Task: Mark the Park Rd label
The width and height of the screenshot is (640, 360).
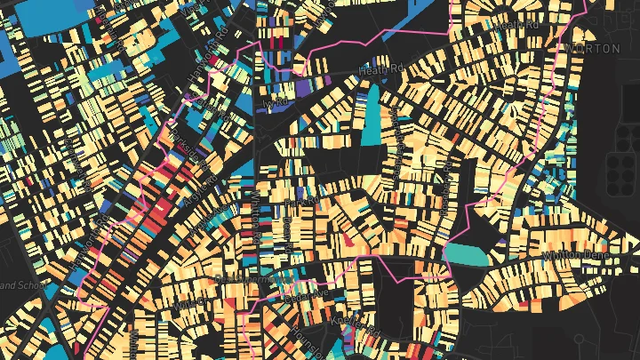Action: pyautogui.click(x=296, y=204)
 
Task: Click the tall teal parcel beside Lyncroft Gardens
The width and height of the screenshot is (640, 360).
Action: pyautogui.click(x=371, y=116)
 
